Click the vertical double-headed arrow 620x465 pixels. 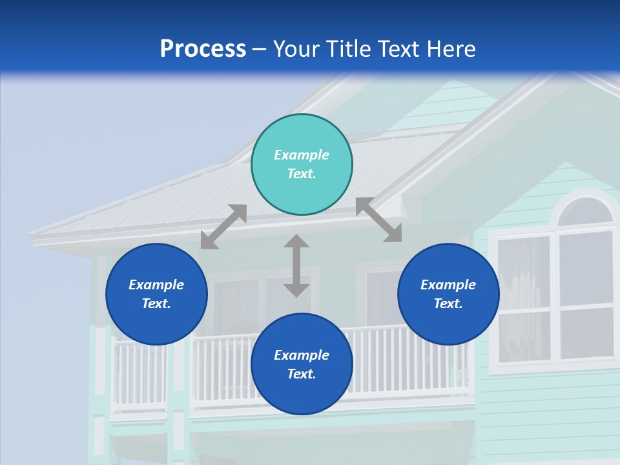[296, 265]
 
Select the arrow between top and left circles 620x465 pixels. [223, 227]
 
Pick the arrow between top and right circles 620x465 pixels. [378, 220]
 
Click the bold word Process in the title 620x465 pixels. [203, 49]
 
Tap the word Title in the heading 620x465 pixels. [349, 49]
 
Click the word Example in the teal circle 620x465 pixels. [302, 155]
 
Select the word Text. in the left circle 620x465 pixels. [156, 304]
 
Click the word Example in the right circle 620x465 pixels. [448, 285]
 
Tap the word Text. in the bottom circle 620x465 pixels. [302, 374]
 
